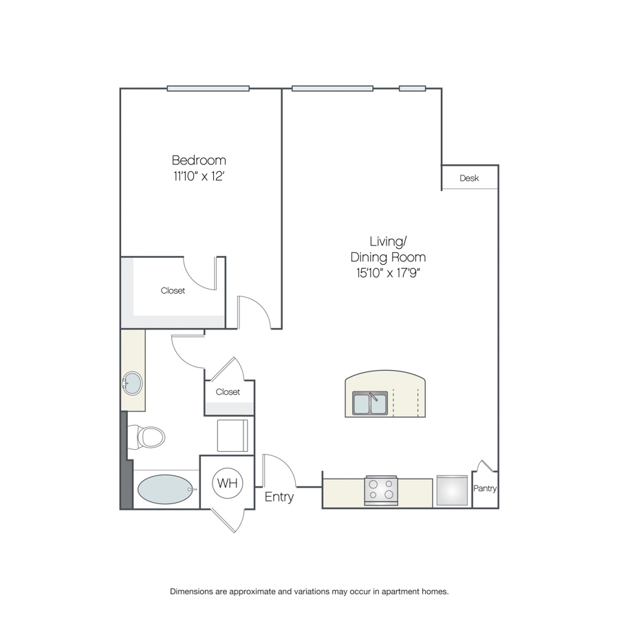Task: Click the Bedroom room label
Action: click(x=199, y=160)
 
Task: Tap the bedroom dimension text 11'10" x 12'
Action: click(x=199, y=176)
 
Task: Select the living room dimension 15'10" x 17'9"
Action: click(x=388, y=273)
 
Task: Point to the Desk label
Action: click(x=469, y=178)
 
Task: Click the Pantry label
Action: click(x=485, y=488)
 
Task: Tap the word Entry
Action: click(x=279, y=497)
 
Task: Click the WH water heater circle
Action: click(x=228, y=483)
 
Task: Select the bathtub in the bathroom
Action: click(x=166, y=490)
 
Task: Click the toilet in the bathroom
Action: click(x=146, y=437)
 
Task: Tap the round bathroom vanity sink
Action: click(x=133, y=383)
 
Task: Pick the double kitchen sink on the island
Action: click(x=370, y=402)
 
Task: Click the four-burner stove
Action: click(x=381, y=490)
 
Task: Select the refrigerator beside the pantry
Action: click(x=452, y=490)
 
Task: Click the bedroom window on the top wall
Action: click(x=208, y=89)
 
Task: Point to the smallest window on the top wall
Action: click(x=412, y=89)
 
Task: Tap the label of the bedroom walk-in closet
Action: click(x=173, y=290)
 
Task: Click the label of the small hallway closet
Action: click(x=228, y=391)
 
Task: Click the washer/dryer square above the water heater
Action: click(x=232, y=435)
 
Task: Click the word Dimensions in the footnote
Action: click(x=191, y=591)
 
